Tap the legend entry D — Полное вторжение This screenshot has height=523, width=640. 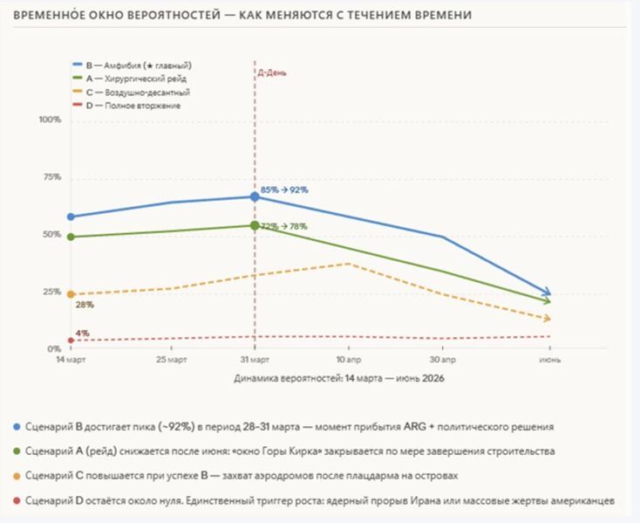tap(132, 106)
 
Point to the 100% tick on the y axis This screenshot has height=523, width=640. tap(51, 120)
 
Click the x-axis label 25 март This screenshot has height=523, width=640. tap(171, 360)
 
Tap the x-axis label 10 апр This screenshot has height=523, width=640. tap(349, 360)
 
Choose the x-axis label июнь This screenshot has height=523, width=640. tap(549, 360)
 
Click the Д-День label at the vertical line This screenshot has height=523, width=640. tap(271, 73)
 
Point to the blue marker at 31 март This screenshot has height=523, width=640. tap(255, 197)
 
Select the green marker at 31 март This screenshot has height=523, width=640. tap(255, 225)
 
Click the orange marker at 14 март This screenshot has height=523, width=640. tap(71, 294)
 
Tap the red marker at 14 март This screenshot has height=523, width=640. tap(71, 340)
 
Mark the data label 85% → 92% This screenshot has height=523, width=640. tap(284, 189)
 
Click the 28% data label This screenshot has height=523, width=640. tap(85, 306)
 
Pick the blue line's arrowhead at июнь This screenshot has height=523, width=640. tap(547, 292)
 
